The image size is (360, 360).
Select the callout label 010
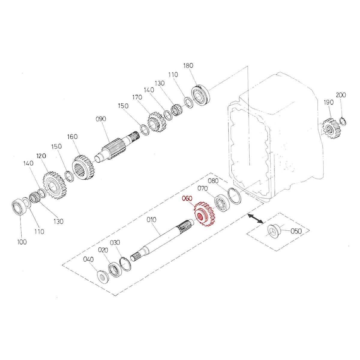pyautogui.click(x=151, y=220)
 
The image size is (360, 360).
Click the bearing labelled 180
pyautogui.click(x=200, y=94)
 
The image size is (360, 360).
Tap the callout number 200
pyautogui.click(x=341, y=95)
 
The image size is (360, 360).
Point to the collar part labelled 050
pyautogui.click(x=273, y=231)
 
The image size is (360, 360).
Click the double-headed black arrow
pyautogui.click(x=255, y=218)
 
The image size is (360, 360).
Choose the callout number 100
pyautogui.click(x=22, y=242)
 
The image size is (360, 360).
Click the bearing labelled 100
pyautogui.click(x=19, y=207)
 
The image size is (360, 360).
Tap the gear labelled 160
pyautogui.click(x=82, y=167)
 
